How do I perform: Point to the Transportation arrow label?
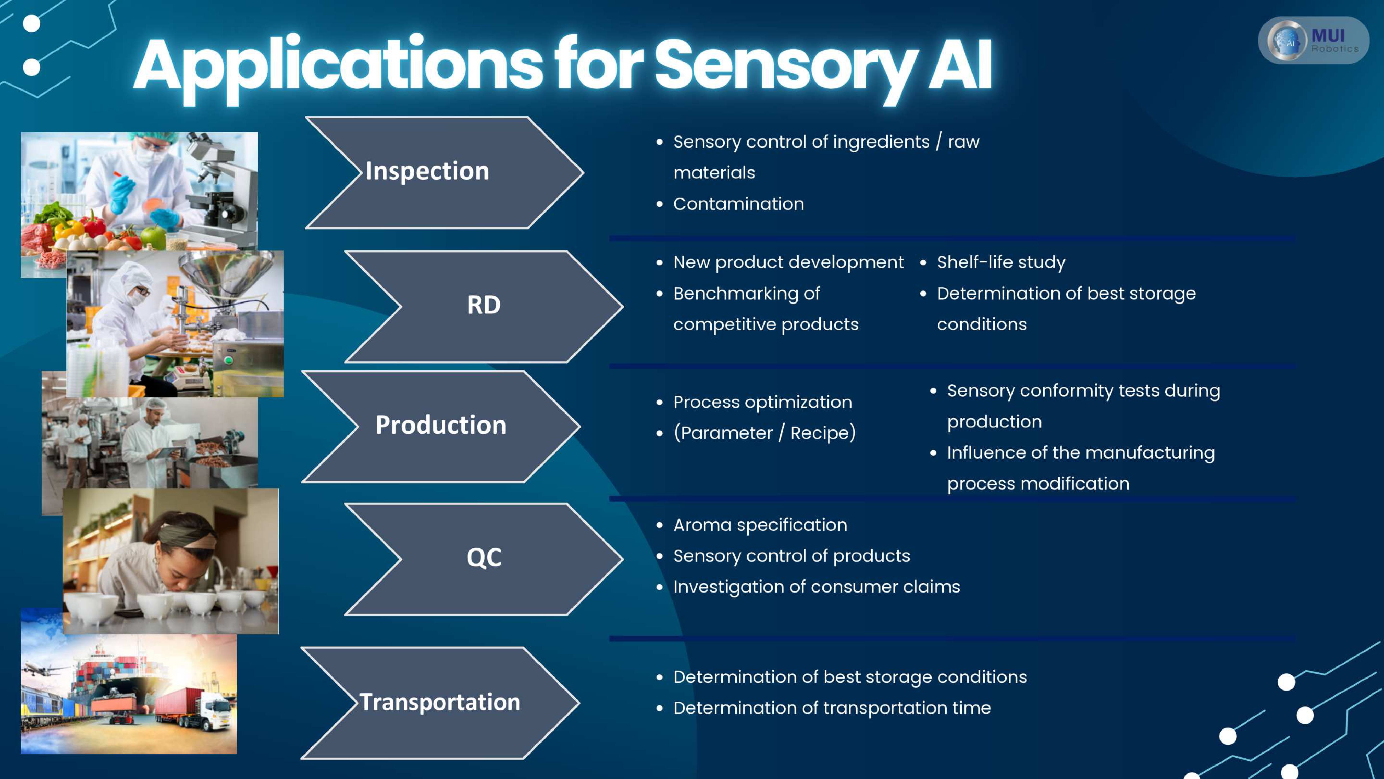[439, 702]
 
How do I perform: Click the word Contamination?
[738, 204]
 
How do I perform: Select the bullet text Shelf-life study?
[1000, 262]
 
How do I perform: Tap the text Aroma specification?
[760, 525]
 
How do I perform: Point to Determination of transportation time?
[832, 708]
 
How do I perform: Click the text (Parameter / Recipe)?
[764, 433]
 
